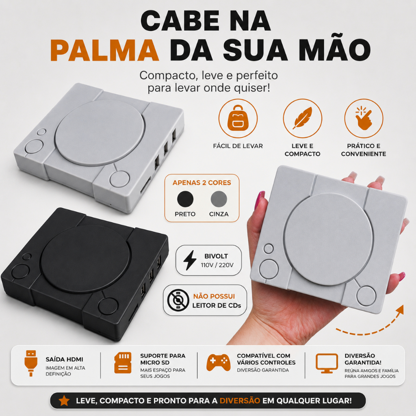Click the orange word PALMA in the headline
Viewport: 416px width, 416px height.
(x=104, y=50)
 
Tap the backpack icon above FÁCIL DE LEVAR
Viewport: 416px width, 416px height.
(x=238, y=118)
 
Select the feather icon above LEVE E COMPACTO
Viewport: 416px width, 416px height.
(x=302, y=118)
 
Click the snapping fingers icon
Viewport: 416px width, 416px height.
(x=364, y=118)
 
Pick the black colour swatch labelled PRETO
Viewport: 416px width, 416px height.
(x=185, y=199)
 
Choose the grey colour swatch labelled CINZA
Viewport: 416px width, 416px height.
(x=219, y=199)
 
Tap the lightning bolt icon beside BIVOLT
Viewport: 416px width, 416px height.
(x=190, y=260)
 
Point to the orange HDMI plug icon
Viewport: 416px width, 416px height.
(x=31, y=363)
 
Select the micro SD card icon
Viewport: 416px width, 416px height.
(x=123, y=363)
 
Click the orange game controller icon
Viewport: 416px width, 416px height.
(x=218, y=362)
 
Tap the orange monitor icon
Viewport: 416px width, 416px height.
(x=327, y=363)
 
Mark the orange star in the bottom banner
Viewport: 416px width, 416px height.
(x=64, y=401)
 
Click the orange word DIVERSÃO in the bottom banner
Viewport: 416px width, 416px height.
(x=240, y=401)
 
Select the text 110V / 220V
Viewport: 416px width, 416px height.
(x=217, y=265)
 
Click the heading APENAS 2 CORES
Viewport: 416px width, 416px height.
(x=202, y=182)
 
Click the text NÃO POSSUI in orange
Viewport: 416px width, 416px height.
(x=214, y=296)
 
